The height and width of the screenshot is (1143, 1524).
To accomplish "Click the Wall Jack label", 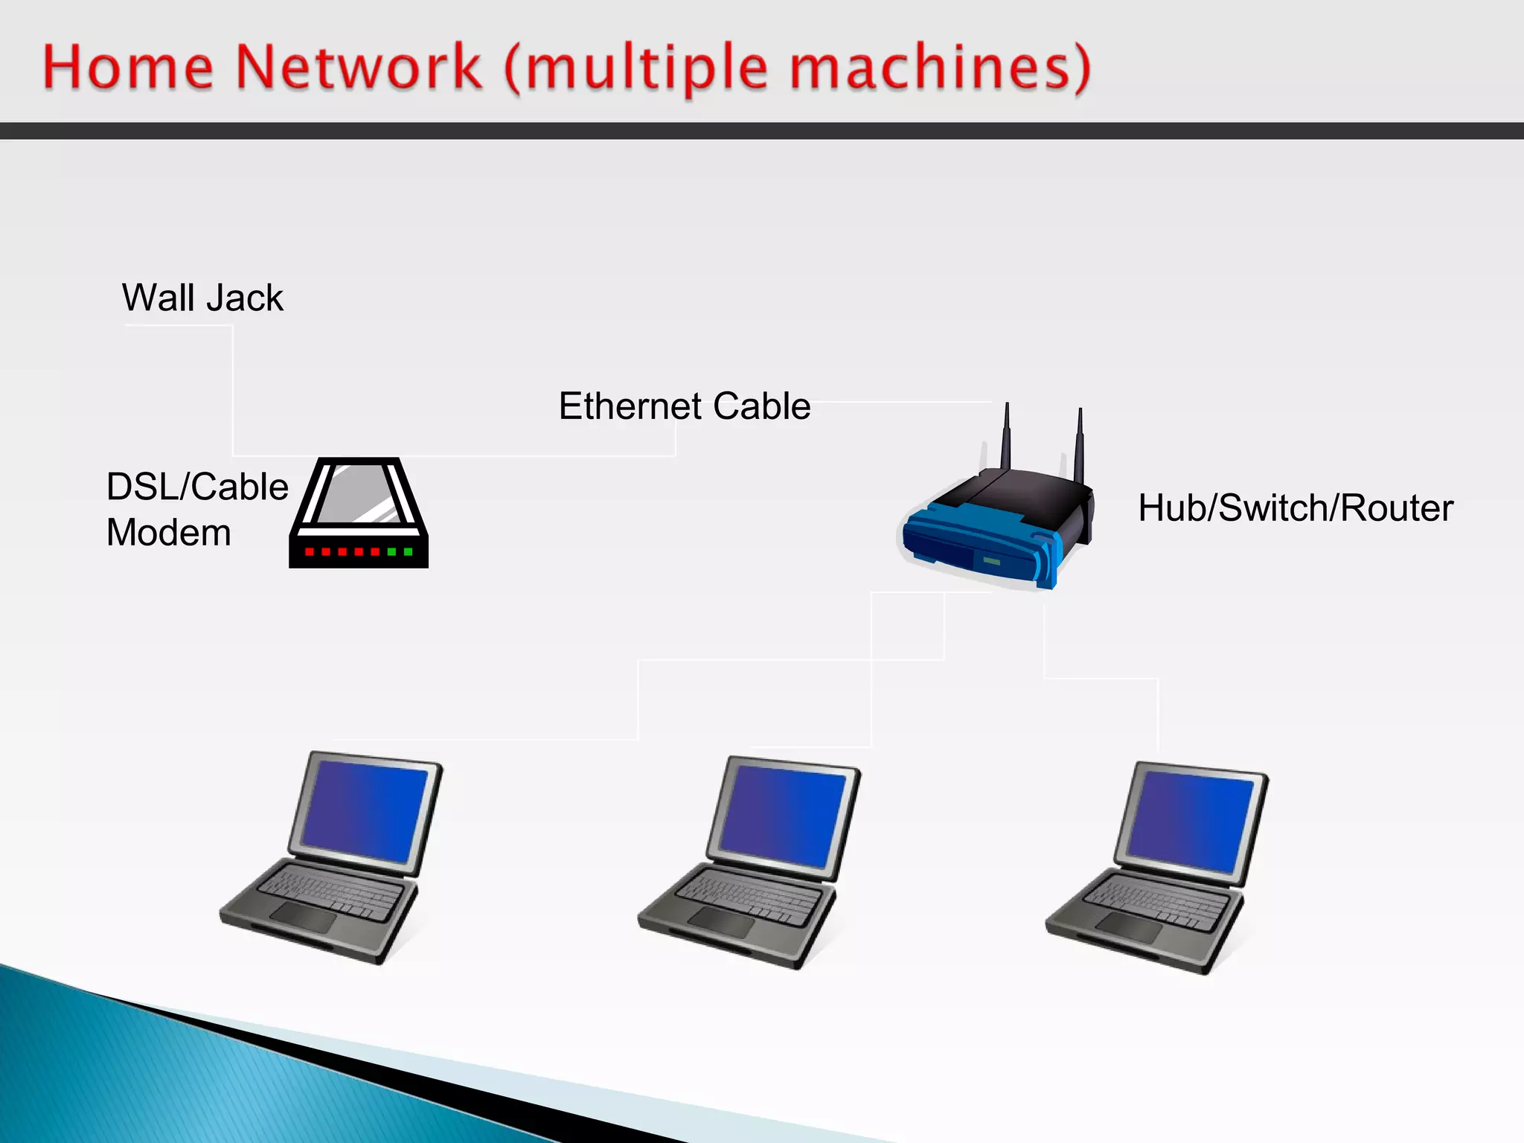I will click(202, 298).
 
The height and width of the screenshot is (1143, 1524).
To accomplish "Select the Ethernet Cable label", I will click(685, 406).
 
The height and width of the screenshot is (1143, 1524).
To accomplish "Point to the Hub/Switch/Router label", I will click(1296, 508).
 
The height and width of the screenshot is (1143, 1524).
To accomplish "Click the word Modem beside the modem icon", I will click(169, 533).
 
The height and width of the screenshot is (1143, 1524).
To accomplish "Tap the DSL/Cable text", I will click(197, 487).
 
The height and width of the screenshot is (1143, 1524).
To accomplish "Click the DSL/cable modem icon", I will click(359, 513).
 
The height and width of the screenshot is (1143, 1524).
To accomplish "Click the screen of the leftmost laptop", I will click(365, 811).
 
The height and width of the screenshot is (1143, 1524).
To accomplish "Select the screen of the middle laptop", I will click(783, 816).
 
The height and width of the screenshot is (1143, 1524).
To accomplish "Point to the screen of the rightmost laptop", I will click(1191, 821).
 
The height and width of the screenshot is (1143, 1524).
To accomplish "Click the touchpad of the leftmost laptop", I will click(303, 918).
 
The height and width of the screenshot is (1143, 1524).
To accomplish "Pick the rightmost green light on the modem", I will click(408, 551).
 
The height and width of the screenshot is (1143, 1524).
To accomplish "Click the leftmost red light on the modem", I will click(309, 551).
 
